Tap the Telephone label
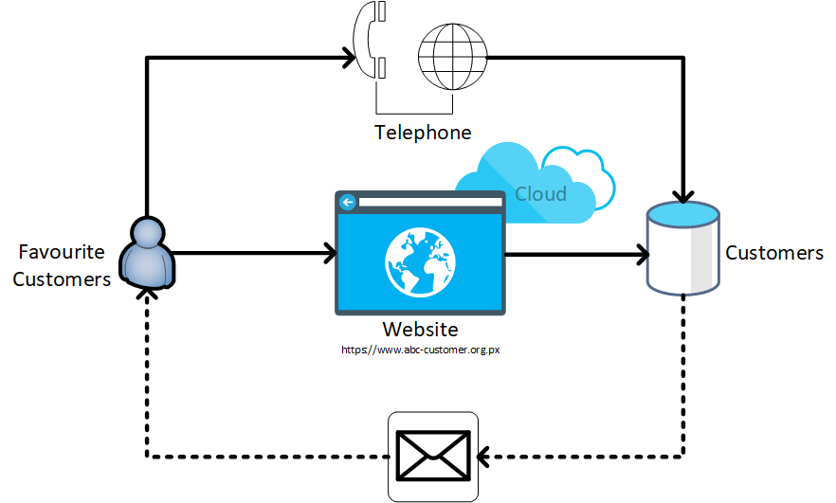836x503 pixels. tap(423, 132)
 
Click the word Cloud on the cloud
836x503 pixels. tap(540, 194)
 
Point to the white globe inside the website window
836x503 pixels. tap(420, 260)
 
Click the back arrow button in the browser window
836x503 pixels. tap(348, 202)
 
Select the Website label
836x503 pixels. tap(420, 330)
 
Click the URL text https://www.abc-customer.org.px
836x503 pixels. tap(420, 350)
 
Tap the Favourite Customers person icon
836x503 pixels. tap(147, 252)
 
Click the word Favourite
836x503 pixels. tap(62, 252)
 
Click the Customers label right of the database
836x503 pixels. tap(774, 253)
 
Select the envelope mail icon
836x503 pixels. tap(433, 456)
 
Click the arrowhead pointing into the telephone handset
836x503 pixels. tap(348, 60)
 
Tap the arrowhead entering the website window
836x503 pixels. tap(331, 253)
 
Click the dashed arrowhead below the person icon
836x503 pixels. tap(146, 295)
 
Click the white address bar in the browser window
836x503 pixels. tap(427, 202)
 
